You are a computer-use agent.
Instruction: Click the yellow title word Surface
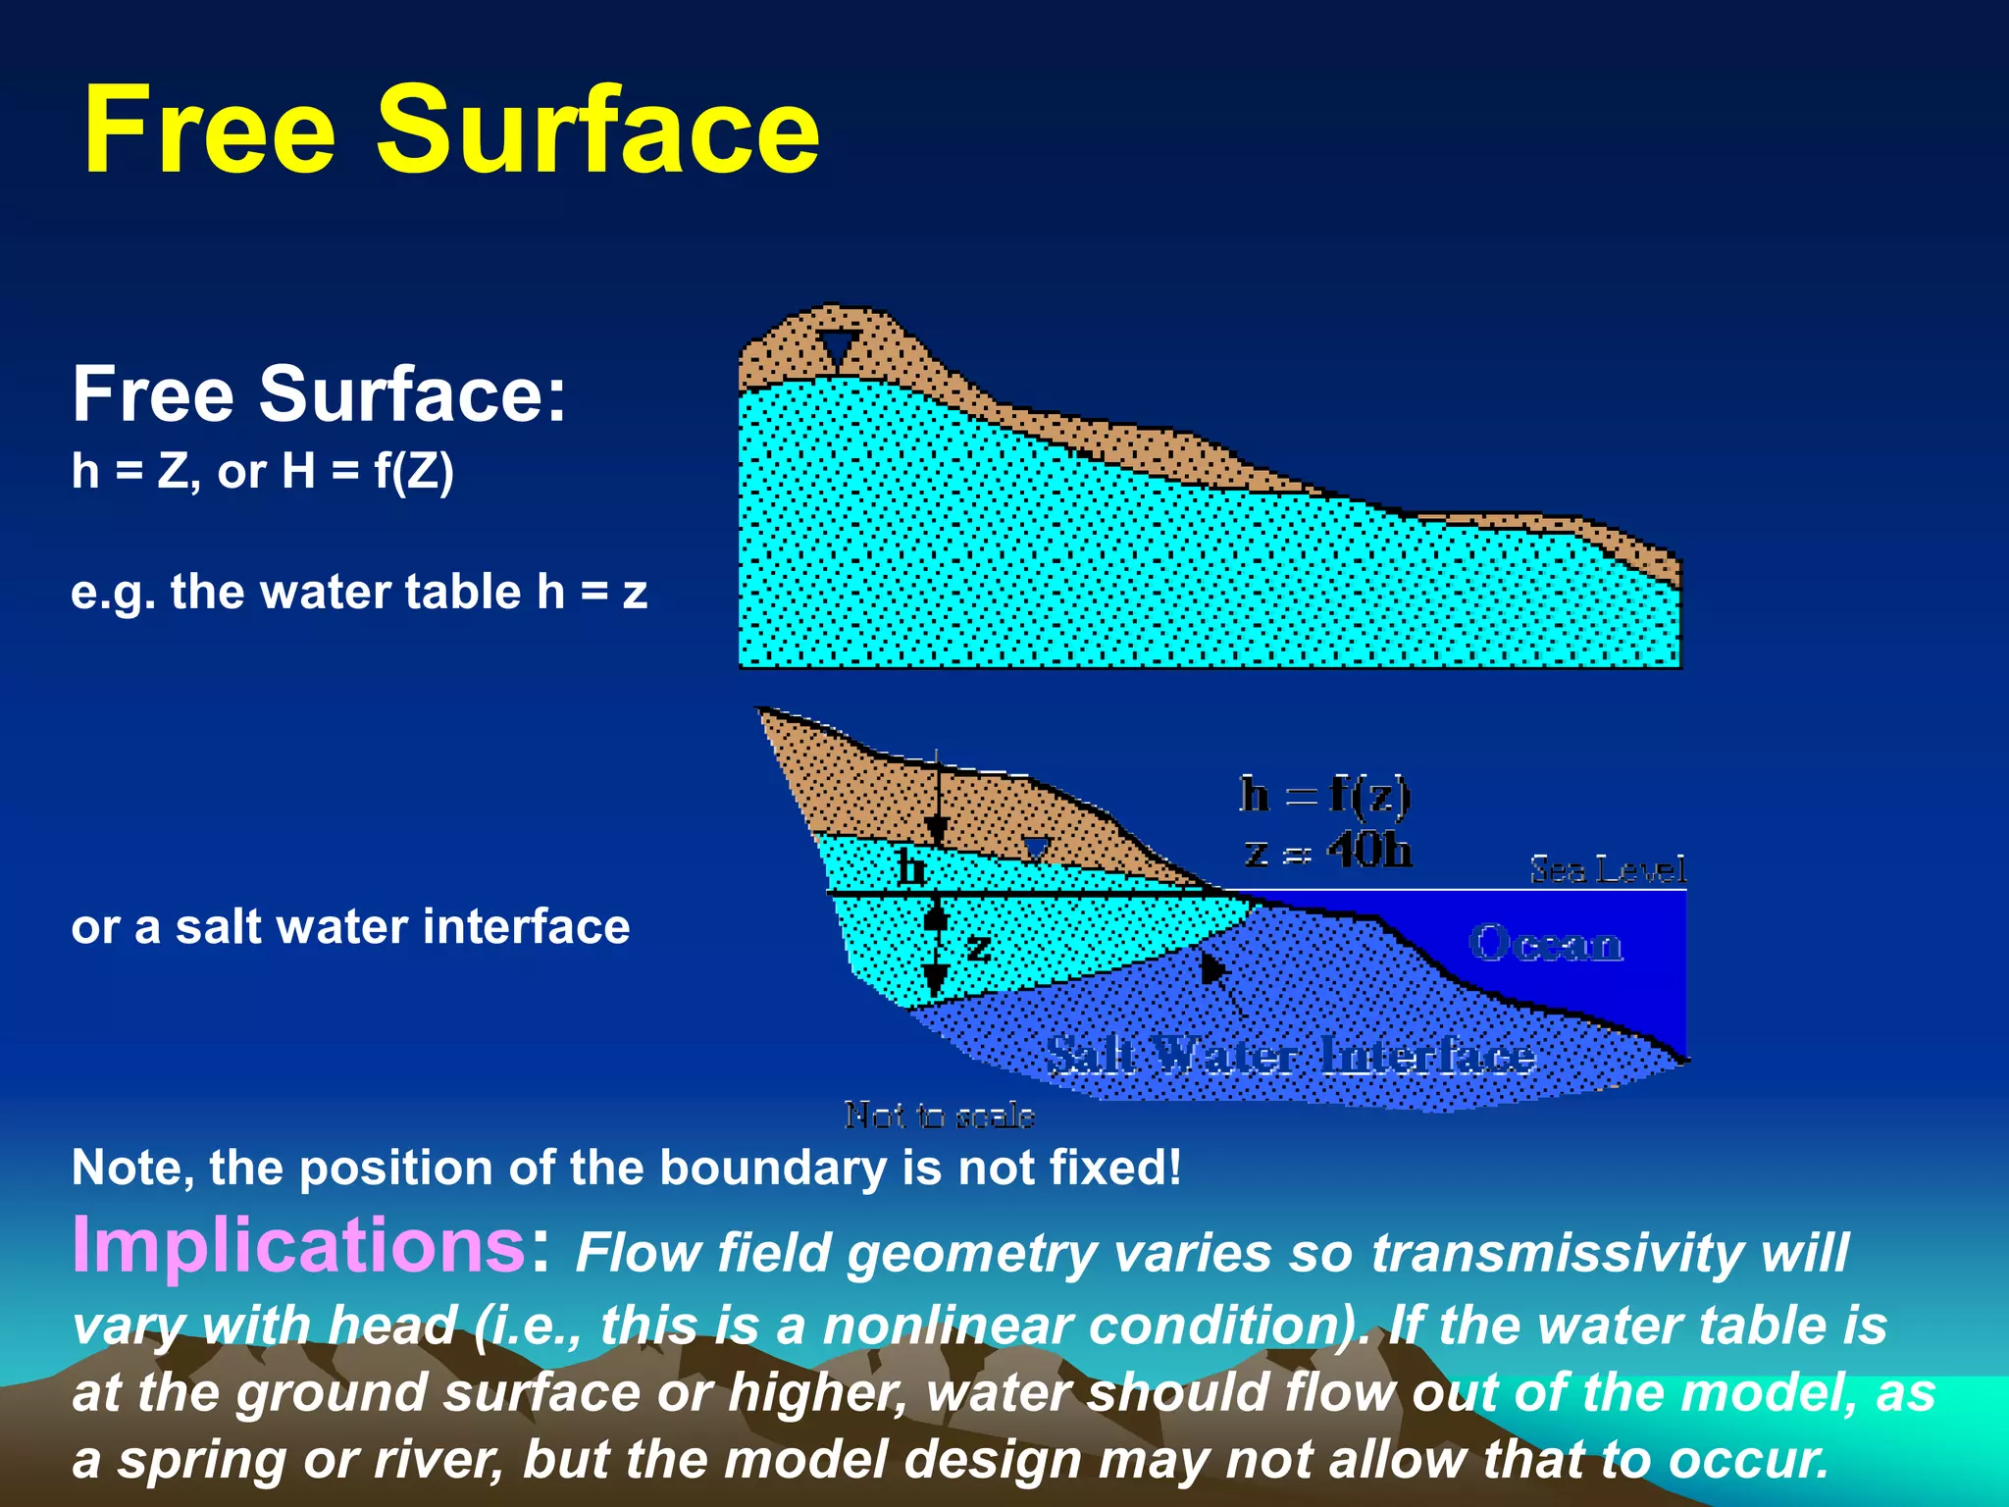pos(598,130)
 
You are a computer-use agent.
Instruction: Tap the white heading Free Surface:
pos(319,394)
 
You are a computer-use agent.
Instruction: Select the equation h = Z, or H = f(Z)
pos(262,472)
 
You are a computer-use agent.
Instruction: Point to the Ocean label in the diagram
pos(1545,943)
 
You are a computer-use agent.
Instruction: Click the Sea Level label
pos(1607,869)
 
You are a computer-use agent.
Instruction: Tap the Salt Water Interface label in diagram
pos(1290,1056)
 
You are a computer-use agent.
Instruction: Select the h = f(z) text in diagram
pos(1324,795)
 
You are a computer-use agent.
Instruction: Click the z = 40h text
pos(1328,851)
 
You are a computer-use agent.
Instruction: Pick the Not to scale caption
pos(939,1116)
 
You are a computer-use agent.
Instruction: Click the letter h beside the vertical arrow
pos(911,868)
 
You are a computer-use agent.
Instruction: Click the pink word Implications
pos(299,1245)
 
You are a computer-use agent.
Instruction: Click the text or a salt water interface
pos(350,927)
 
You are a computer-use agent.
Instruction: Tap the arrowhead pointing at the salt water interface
pos(1213,969)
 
